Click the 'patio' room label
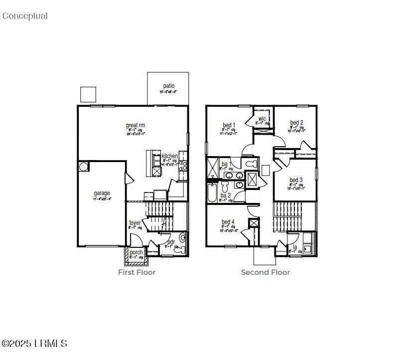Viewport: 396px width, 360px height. pos(168,86)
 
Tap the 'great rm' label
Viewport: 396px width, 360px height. pos(135,125)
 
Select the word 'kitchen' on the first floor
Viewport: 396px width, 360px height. pos(169,156)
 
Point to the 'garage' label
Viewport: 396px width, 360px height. pos(102,193)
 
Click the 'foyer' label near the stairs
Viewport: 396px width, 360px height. pos(135,223)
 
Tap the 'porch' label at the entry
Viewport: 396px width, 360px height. pos(136,252)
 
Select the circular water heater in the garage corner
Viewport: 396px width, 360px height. pos(83,166)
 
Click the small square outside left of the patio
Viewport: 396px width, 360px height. pos(88,94)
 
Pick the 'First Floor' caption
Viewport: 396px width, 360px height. pos(136,272)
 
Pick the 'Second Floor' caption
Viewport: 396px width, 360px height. pos(265,272)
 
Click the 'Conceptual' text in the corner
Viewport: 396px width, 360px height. pos(25,16)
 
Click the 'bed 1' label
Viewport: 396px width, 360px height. pos(229,125)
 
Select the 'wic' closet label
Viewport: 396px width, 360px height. pos(262,119)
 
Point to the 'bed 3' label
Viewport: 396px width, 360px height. pos(296,180)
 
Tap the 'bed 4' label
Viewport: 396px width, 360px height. pos(229,222)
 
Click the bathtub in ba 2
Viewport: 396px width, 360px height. pos(212,192)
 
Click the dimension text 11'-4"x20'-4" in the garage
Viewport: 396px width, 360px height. pos(102,199)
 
